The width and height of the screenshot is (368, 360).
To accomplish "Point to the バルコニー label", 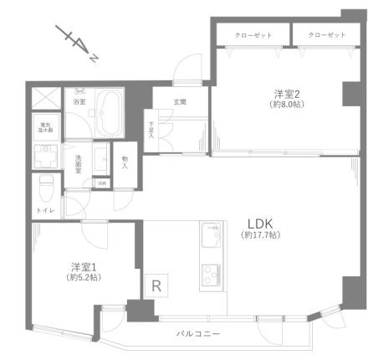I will tap(198, 333).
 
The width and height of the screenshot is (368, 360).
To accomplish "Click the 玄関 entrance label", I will tap(179, 102).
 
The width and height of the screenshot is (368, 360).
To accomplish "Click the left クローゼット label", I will tap(248, 35).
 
